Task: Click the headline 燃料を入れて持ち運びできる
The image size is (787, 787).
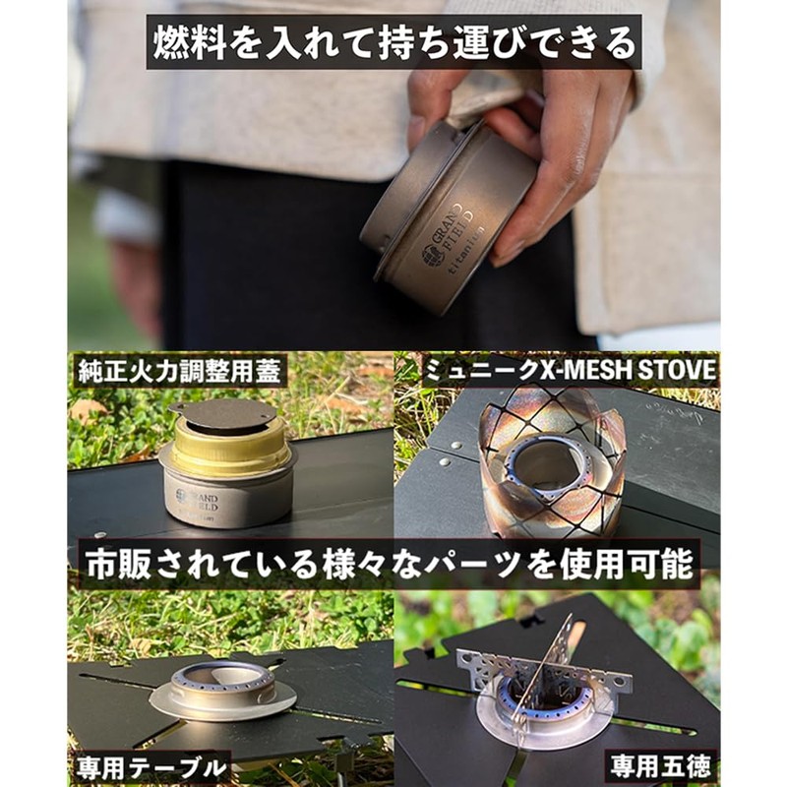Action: (x=393, y=41)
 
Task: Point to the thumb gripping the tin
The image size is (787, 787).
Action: (x=526, y=118)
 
